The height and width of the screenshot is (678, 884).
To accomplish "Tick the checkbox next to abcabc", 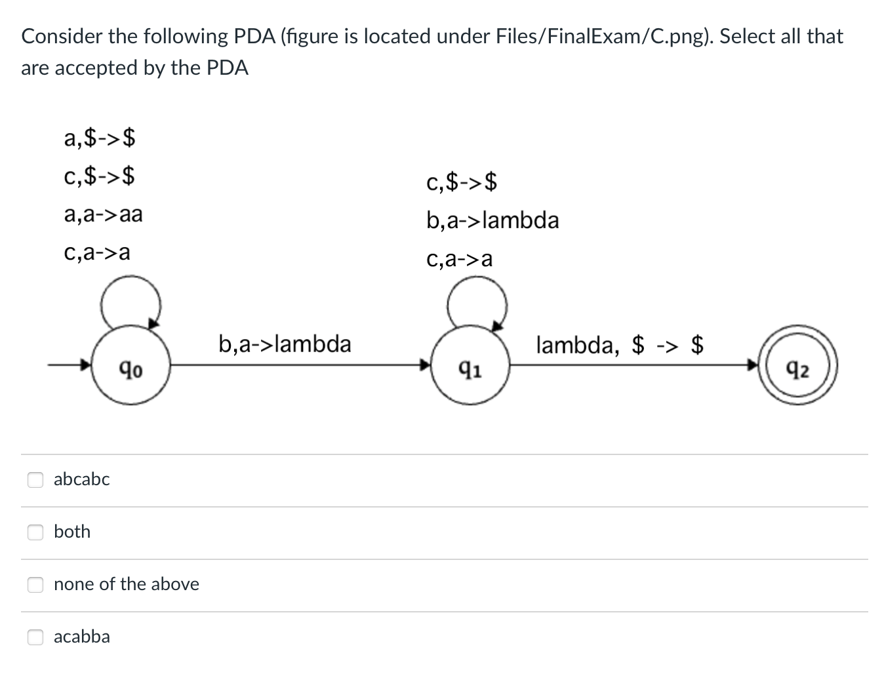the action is coord(35,479).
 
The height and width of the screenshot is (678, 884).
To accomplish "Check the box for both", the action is coord(35,532).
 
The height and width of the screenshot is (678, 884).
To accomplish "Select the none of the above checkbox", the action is coord(35,584).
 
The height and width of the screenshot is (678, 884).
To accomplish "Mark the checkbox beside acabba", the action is coord(35,637).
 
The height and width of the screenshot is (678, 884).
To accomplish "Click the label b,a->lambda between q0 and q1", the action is coord(285,344).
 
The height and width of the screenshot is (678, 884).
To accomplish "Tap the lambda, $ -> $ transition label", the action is coord(620,344).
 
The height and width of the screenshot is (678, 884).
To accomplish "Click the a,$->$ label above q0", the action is coord(100,138).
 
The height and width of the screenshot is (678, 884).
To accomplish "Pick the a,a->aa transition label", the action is coord(104,214).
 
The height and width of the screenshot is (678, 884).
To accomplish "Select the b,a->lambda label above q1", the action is coord(492,220).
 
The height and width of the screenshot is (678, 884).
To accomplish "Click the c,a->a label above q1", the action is coord(459,260).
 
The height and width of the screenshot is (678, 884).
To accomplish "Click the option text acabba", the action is coord(82,637).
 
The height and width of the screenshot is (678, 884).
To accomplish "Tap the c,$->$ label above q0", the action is coord(100,176).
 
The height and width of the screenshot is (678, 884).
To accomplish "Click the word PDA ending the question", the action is coord(228,68).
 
